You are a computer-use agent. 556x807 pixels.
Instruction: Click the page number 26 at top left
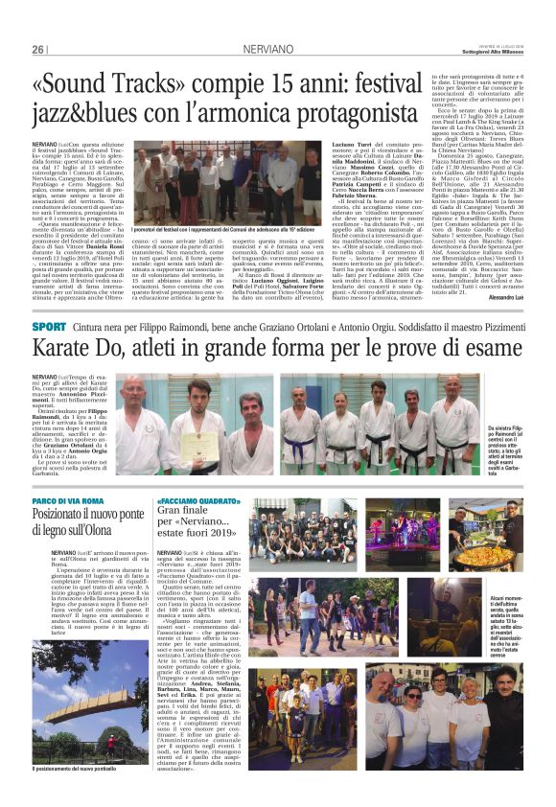click(x=37, y=21)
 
